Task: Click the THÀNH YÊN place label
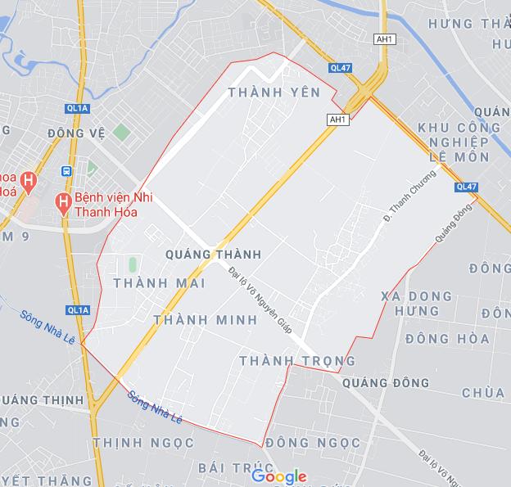coord(263,92)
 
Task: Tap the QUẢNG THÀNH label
coord(213,255)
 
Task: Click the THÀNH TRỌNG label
coord(297,360)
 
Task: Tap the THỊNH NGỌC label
coord(143,442)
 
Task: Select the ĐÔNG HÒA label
coord(446,338)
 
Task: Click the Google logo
coord(278,476)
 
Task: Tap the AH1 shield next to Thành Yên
coord(337,119)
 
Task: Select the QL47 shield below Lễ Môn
coord(465,187)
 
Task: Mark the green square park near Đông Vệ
coord(121,132)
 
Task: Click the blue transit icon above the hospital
coord(66,172)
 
